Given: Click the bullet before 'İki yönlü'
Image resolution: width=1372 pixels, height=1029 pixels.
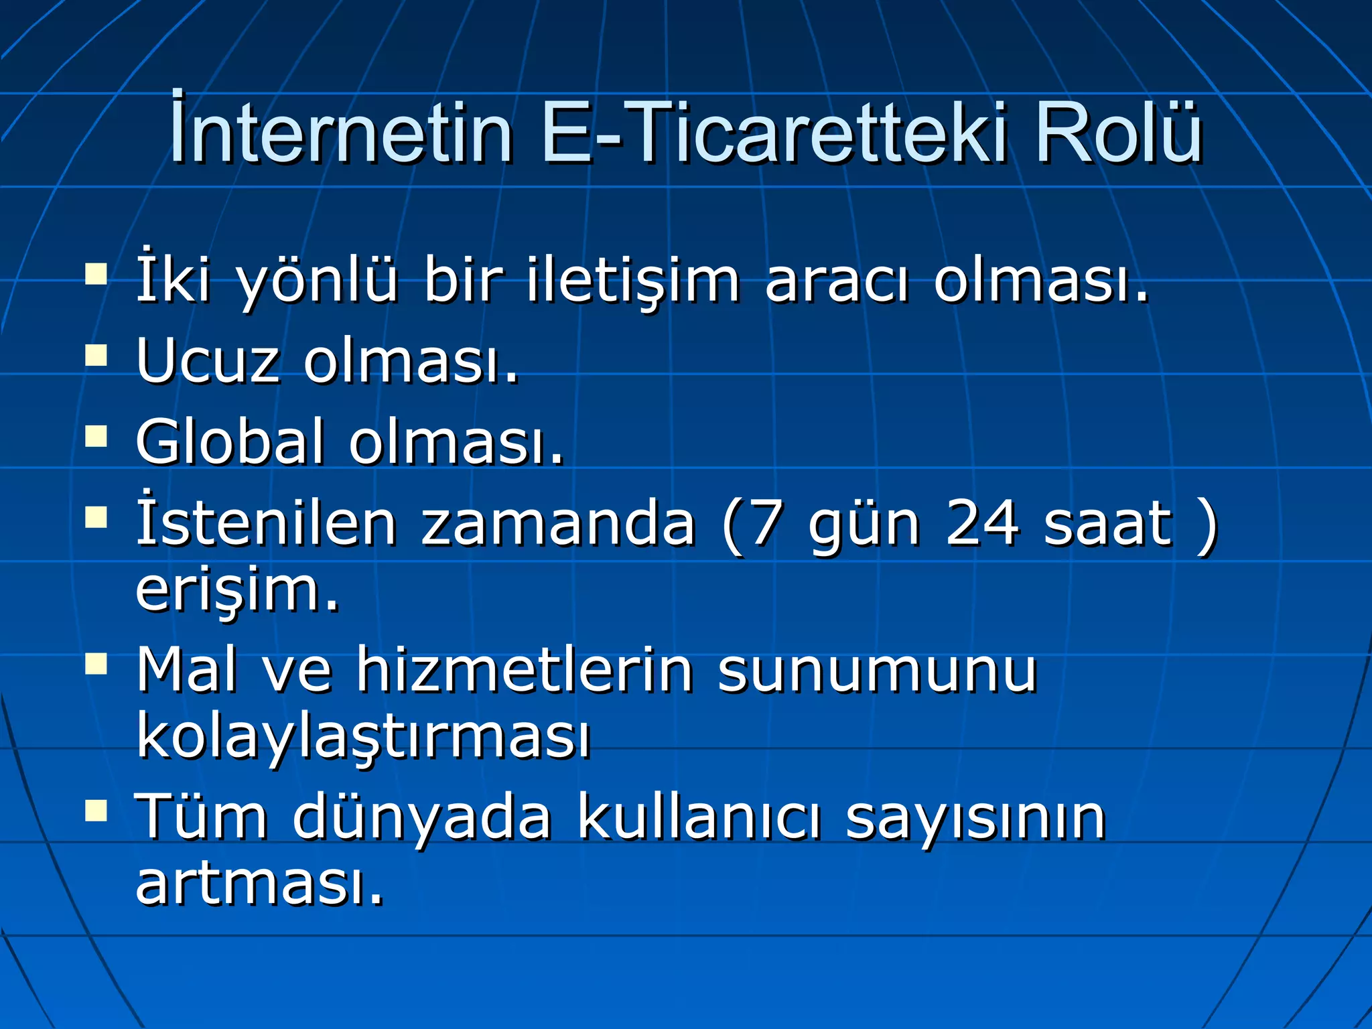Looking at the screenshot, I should tap(96, 274).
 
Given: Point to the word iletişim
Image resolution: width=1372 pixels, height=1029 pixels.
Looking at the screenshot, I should tap(632, 280).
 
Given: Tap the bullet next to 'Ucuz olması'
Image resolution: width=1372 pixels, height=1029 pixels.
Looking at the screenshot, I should tap(96, 356).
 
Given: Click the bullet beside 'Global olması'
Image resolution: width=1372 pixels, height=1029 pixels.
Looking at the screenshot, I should tap(96, 436).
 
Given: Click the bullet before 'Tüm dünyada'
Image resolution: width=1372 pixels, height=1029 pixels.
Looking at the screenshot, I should tap(96, 811).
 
